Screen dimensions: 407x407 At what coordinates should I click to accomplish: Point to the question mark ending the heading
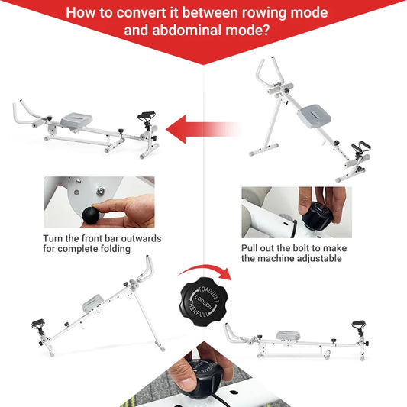tap(266, 31)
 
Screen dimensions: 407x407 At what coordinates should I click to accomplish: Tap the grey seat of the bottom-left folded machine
tap(92, 303)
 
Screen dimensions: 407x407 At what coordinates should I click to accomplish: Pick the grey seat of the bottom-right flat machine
tap(289, 336)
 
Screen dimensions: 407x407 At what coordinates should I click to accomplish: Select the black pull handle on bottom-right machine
tap(357, 327)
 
